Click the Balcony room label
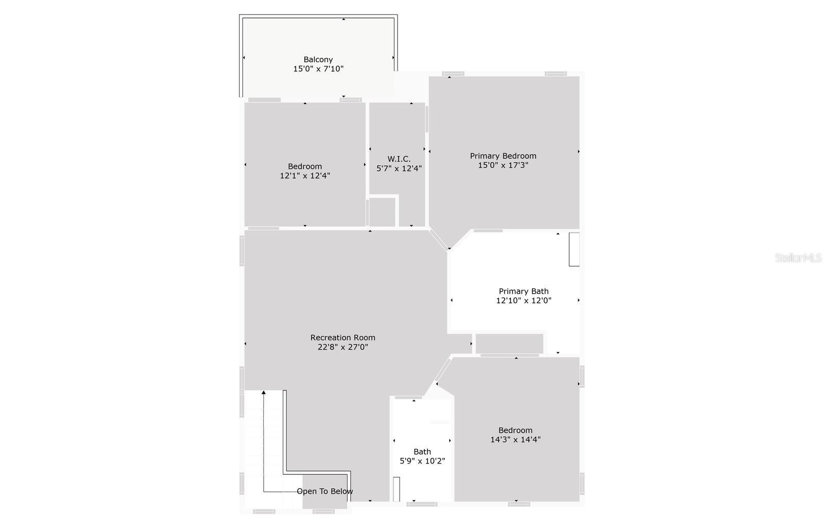click(318, 59)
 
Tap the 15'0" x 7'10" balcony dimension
click(318, 69)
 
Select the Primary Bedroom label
click(503, 156)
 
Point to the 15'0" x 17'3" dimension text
click(503, 165)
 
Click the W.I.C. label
click(399, 159)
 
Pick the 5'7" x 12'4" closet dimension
click(399, 168)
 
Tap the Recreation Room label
click(343, 338)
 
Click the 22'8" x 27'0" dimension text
click(343, 347)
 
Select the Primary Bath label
click(523, 291)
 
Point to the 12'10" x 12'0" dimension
click(523, 301)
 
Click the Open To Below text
click(325, 491)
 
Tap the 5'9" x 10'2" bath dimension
click(422, 461)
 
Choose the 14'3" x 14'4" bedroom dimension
click(516, 440)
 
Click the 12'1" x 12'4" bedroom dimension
click(305, 176)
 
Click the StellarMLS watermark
click(798, 258)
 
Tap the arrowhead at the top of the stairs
click(263, 393)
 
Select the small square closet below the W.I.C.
click(382, 212)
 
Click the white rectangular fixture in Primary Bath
click(574, 249)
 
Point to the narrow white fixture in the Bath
click(397, 489)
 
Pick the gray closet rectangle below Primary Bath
click(509, 344)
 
